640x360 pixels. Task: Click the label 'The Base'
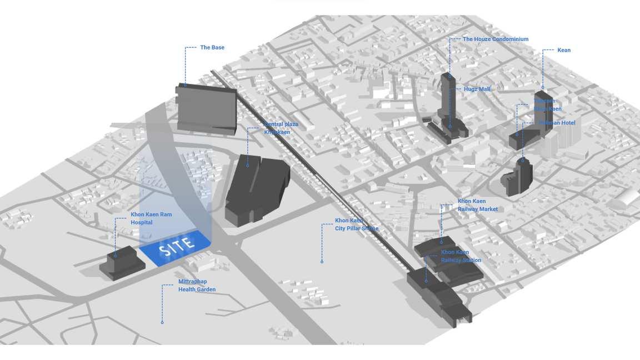point(212,48)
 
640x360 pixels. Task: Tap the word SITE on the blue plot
point(177,246)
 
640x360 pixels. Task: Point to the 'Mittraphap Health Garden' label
point(197,286)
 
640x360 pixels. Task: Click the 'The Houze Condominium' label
point(496,39)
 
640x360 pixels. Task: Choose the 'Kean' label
point(564,51)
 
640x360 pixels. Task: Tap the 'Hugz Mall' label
point(477,89)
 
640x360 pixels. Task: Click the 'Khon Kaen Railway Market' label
point(477,205)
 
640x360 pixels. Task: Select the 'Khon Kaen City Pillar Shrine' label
point(356,224)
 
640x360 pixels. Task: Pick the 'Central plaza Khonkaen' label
point(281,128)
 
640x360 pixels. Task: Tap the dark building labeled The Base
point(207,108)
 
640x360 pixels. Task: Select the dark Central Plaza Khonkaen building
point(257,189)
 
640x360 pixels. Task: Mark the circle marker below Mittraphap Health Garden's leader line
point(162,322)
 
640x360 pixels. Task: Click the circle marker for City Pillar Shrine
point(322,261)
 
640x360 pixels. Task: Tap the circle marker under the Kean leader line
point(543,87)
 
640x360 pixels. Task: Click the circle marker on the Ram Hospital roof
point(116,256)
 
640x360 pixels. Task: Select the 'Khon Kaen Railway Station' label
point(461,256)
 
